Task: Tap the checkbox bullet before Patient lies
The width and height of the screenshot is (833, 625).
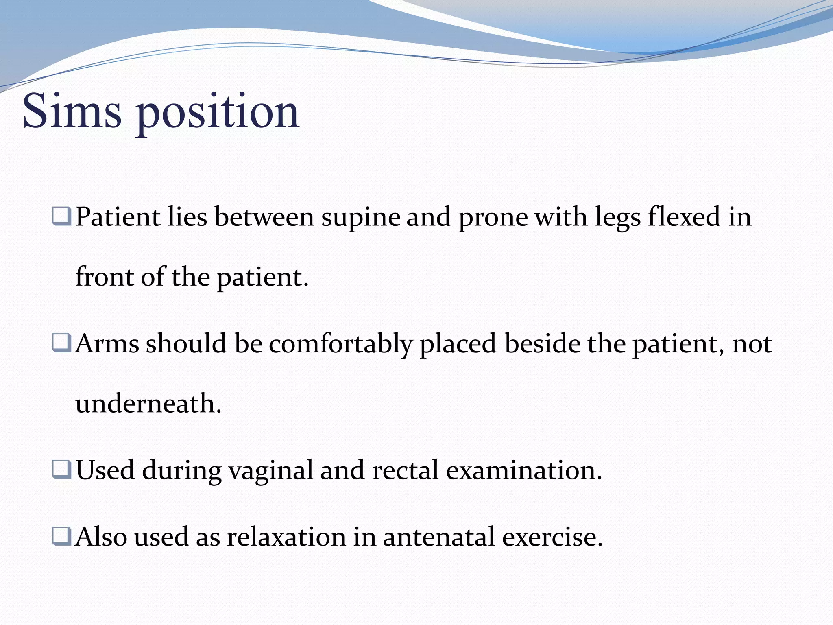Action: [62, 216]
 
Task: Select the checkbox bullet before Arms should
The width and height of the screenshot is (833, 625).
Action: [62, 343]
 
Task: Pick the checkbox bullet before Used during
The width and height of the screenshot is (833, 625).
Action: [62, 470]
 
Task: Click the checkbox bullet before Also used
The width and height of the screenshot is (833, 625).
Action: [62, 536]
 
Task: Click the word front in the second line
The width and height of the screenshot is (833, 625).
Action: [104, 277]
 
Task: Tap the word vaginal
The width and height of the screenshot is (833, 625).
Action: [270, 471]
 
